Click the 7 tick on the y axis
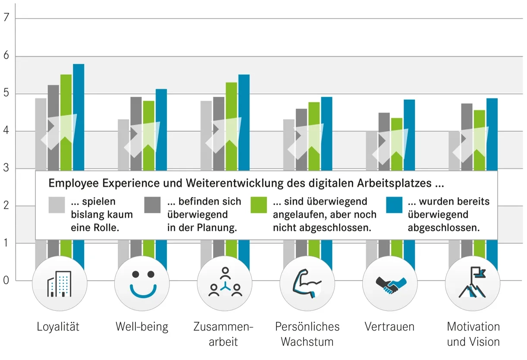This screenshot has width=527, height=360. pos(6,19)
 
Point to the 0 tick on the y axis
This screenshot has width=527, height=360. pos(6,281)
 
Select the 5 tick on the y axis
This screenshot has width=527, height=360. pos(6,94)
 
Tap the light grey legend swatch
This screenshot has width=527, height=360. pos(57,205)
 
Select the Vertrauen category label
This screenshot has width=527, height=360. pos(389,327)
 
